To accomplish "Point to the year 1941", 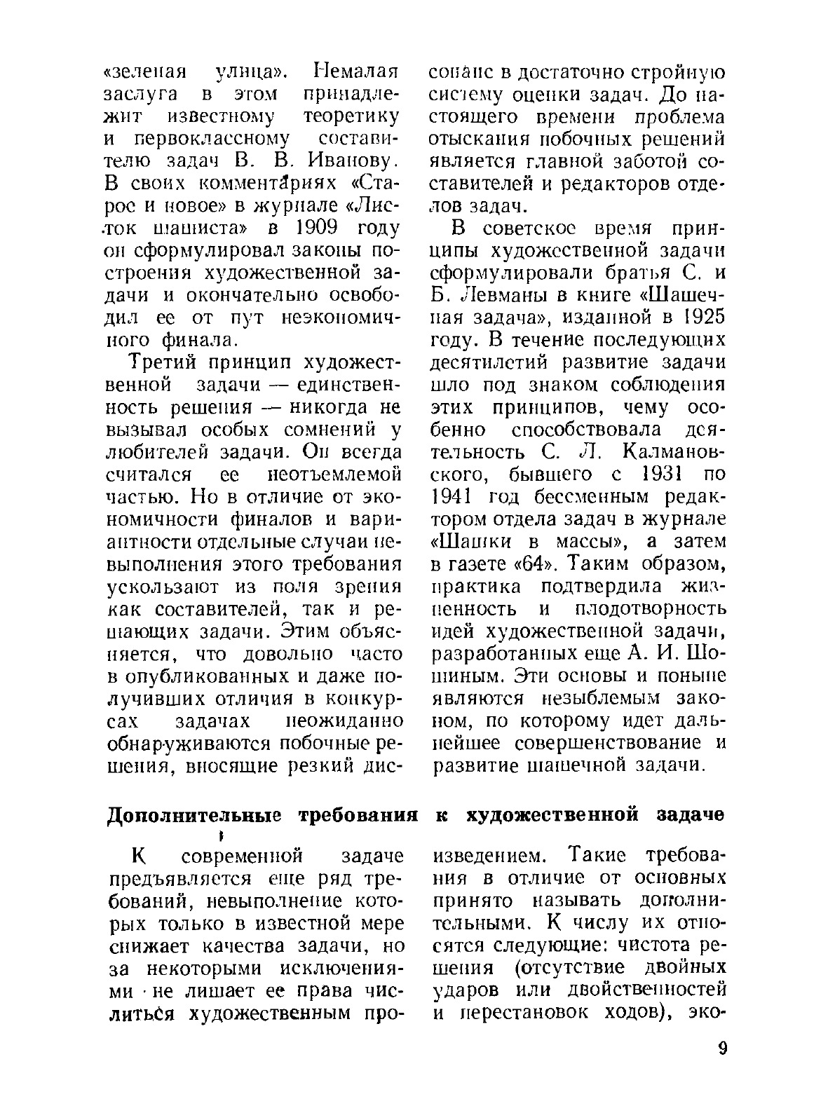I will (x=453, y=497).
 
